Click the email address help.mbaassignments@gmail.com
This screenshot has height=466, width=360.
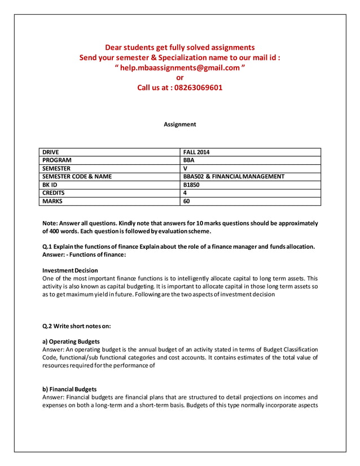point(180,68)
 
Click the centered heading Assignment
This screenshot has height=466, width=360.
point(180,124)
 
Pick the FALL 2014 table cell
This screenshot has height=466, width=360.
point(197,152)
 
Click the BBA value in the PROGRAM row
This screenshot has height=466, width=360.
point(189,160)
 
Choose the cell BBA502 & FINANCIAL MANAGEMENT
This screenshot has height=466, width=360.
point(234,177)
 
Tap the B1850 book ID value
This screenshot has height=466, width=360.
point(191,184)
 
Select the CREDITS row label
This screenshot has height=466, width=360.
point(54,192)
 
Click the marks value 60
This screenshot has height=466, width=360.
point(187,201)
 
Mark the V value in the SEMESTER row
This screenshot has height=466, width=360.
point(185,168)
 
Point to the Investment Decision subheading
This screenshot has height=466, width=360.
point(71,270)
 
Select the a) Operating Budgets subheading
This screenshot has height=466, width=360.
point(71,341)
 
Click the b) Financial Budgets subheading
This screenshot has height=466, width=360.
point(69,389)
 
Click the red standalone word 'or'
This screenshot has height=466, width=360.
point(180,77)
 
